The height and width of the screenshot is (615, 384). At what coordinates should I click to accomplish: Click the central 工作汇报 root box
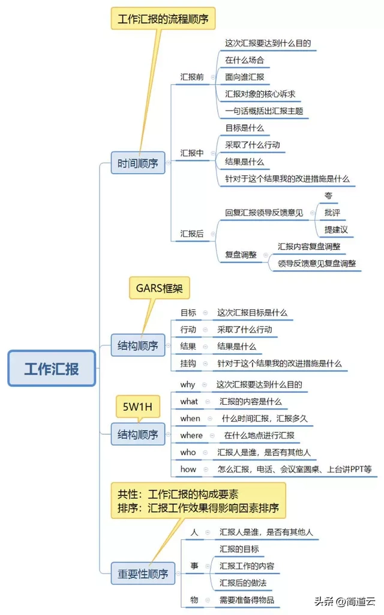coord(52,368)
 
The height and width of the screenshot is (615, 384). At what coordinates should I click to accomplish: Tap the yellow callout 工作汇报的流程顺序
coord(163,19)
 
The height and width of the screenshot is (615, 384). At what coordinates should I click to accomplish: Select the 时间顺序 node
coord(138,163)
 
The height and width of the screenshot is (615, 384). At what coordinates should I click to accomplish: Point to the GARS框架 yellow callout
coord(159,288)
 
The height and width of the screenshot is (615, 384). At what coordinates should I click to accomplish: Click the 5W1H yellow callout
coord(137,407)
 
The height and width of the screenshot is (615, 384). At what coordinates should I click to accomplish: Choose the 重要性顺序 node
coord(143,574)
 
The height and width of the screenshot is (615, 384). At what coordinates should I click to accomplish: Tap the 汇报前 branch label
coord(192,77)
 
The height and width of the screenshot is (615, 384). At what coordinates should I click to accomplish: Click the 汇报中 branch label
coord(192,153)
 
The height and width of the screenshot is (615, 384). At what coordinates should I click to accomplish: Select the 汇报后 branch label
coord(192,233)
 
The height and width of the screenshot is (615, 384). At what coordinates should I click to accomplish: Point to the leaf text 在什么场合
coord(244,60)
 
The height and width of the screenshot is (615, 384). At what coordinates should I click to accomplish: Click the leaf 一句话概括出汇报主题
coord(263,111)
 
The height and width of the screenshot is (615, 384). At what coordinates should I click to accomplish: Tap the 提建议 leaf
coord(336,229)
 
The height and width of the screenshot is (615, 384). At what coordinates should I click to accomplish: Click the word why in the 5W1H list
coord(188,384)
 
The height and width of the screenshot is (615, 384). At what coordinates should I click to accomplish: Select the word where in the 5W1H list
coord(191,435)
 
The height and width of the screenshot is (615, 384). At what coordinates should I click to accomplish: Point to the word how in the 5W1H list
coord(188,468)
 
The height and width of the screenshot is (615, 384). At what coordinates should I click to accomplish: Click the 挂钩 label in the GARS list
coord(188,363)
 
